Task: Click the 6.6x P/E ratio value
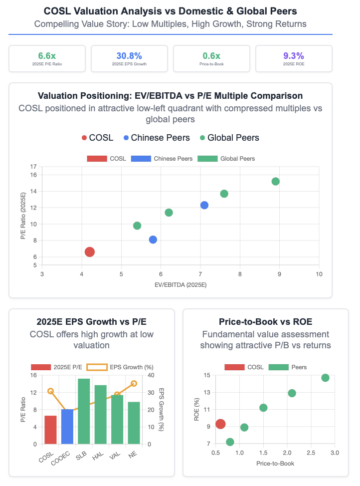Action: (47, 55)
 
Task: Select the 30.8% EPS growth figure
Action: (129, 55)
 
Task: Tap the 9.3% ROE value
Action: (293, 55)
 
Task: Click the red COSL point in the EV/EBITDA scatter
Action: (90, 252)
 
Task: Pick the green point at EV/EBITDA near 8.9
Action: (275, 181)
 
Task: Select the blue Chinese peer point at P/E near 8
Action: (153, 240)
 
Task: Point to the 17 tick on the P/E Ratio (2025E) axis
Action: (33, 167)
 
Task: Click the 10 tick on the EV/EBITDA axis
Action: (319, 274)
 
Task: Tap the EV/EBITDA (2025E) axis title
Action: (180, 284)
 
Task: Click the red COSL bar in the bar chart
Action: (50, 430)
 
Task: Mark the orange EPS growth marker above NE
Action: (134, 384)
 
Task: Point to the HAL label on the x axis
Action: (100, 452)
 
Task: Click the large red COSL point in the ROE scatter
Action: (220, 424)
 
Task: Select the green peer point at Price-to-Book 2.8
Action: (325, 378)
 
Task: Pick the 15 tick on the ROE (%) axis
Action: (207, 375)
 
